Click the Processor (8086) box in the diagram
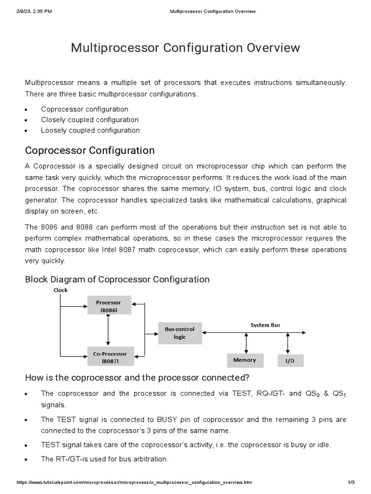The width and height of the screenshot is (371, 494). pyautogui.click(x=109, y=306)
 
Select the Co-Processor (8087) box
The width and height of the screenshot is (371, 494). pyautogui.click(x=109, y=357)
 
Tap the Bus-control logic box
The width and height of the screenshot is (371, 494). pyautogui.click(x=180, y=333)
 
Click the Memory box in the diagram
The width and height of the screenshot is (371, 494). pyautogui.click(x=245, y=360)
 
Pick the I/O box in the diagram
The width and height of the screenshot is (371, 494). pyautogui.click(x=289, y=361)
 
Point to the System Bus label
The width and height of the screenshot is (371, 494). pyautogui.click(x=265, y=325)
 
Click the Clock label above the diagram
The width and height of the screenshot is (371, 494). pyautogui.click(x=61, y=290)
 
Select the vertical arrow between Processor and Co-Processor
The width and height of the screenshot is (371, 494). pyautogui.click(x=108, y=330)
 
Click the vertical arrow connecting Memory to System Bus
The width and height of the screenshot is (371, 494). pyautogui.click(x=246, y=343)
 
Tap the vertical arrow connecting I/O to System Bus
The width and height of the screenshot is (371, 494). pyautogui.click(x=288, y=343)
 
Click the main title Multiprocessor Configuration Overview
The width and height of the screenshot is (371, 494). pyautogui.click(x=185, y=48)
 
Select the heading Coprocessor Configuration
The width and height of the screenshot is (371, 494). pyautogui.click(x=90, y=150)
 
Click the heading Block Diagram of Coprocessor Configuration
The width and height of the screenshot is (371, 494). pyautogui.click(x=117, y=279)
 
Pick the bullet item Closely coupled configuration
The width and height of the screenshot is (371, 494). pyautogui.click(x=90, y=120)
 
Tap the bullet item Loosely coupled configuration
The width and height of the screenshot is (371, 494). pyautogui.click(x=90, y=130)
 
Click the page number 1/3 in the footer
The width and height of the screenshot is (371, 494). pyautogui.click(x=351, y=482)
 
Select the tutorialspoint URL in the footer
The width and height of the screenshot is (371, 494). pyautogui.click(x=134, y=482)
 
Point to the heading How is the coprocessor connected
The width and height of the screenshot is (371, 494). pyautogui.click(x=137, y=377)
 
